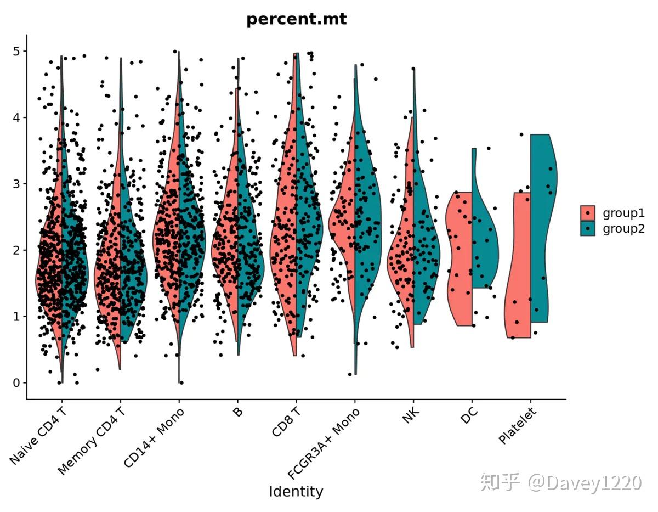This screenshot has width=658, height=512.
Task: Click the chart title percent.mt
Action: (x=296, y=19)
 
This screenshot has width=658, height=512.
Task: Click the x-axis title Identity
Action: (x=296, y=491)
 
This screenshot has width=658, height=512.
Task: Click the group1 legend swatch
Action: (x=588, y=213)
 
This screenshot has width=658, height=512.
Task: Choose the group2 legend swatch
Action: (x=588, y=228)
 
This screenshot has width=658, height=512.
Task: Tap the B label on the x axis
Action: (x=237, y=413)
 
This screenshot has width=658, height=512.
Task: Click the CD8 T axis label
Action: (x=286, y=423)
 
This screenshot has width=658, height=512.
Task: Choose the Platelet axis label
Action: (x=517, y=426)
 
